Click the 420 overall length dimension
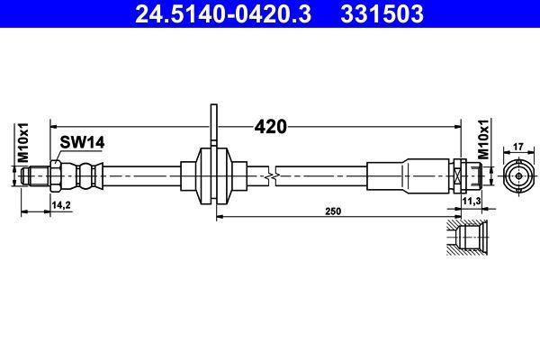(270, 126)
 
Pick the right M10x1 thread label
(482, 139)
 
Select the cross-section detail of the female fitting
(468, 239)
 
